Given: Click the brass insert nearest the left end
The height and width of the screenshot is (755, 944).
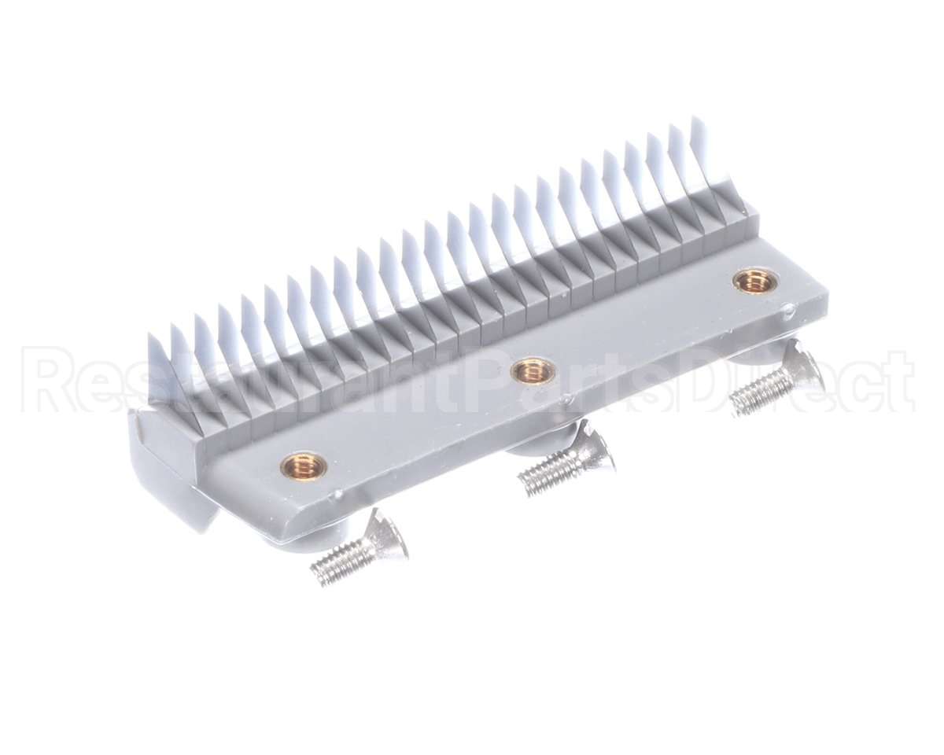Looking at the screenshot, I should coord(304,465).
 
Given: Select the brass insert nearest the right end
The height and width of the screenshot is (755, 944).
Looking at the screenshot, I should coord(755,280).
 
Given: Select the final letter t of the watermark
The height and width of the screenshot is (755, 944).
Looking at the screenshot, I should coord(897,381).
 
